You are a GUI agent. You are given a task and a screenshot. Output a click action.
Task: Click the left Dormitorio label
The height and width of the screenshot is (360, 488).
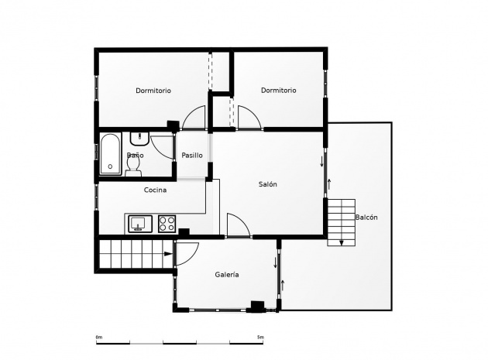pos(153,91)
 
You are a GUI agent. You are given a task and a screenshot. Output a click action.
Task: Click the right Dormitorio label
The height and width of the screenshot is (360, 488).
pos(279,91)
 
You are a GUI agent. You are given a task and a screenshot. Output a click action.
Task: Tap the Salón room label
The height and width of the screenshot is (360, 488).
pos(268,184)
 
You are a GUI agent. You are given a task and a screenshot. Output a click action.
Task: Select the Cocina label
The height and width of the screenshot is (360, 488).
pos(155,190)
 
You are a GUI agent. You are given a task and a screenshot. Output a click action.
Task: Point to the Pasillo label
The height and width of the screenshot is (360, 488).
pos(192,156)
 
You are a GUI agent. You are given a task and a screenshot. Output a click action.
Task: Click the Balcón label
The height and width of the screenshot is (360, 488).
pos(366,218)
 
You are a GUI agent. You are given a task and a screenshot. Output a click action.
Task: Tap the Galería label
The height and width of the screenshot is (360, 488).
pos(226,275)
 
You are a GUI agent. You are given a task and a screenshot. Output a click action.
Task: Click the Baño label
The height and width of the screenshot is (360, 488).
pos(135,156)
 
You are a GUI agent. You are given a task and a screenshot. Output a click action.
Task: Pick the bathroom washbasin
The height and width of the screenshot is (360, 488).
pos(139,139)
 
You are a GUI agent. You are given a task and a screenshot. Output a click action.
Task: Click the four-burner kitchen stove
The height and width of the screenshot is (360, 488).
pos(167,224)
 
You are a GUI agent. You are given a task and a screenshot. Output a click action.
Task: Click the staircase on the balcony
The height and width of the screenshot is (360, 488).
pos(341,222)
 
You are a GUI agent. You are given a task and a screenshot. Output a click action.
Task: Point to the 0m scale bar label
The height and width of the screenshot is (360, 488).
pos(98,338)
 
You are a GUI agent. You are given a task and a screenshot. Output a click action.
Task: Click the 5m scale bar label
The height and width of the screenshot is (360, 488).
pos(260,338)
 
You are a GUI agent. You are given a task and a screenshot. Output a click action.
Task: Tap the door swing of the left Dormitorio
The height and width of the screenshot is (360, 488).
pos(194,118)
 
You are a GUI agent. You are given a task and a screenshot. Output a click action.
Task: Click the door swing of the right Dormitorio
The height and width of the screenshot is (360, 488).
pos(248,118)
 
